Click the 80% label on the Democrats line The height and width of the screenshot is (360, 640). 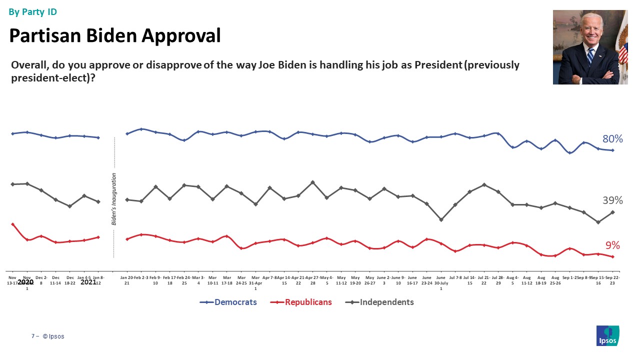tap(612, 138)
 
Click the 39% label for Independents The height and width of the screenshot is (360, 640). tap(612, 200)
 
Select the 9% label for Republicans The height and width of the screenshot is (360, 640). tap(612, 245)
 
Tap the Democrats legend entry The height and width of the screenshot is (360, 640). tap(235, 302)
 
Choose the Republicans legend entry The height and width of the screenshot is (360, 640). tap(308, 302)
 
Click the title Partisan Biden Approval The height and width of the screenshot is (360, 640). tap(115, 35)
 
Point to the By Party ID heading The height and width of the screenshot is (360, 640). tap(32, 11)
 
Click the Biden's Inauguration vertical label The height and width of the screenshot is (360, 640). tap(114, 198)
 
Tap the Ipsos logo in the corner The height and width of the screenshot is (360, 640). tap(607, 335)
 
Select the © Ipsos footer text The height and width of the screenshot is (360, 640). tap(53, 336)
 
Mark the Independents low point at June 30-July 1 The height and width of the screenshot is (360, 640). tap(441, 219)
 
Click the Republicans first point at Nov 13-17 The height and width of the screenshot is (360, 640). tap(12, 224)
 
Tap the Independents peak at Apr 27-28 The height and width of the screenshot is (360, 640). tap(312, 182)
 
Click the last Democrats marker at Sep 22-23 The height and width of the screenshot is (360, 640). tap(612, 150)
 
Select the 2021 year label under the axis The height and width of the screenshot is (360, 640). tap(88, 282)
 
